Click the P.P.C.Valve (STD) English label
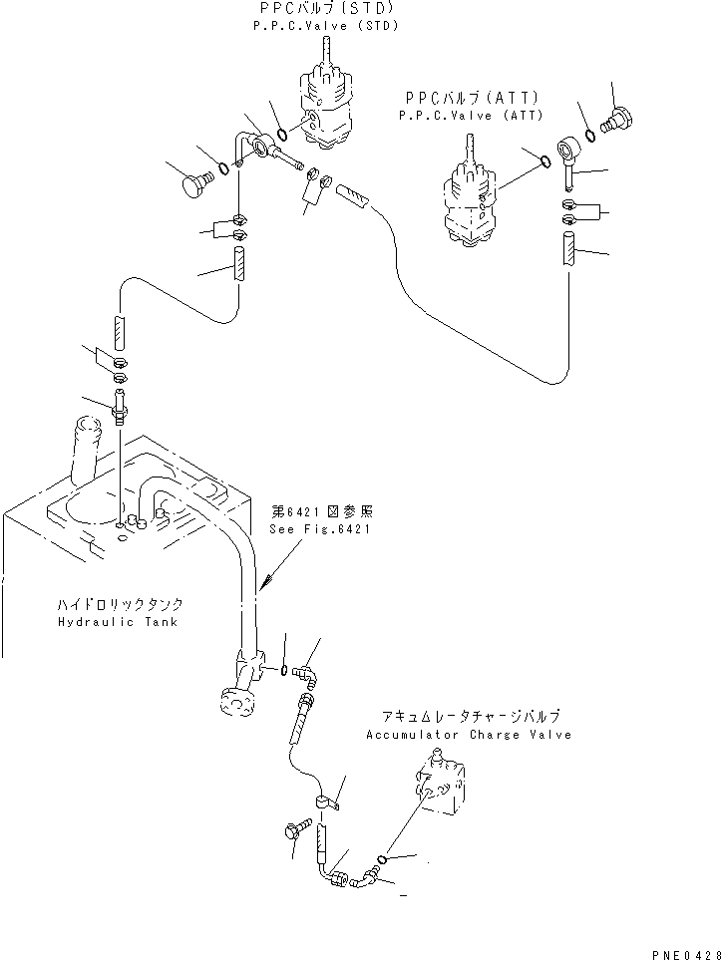pyautogui.click(x=326, y=26)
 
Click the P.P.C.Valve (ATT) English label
pyautogui.click(x=471, y=115)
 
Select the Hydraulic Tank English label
pyautogui.click(x=119, y=621)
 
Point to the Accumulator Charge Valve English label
pyautogui.click(x=468, y=735)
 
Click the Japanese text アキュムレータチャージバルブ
pyautogui.click(x=469, y=717)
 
